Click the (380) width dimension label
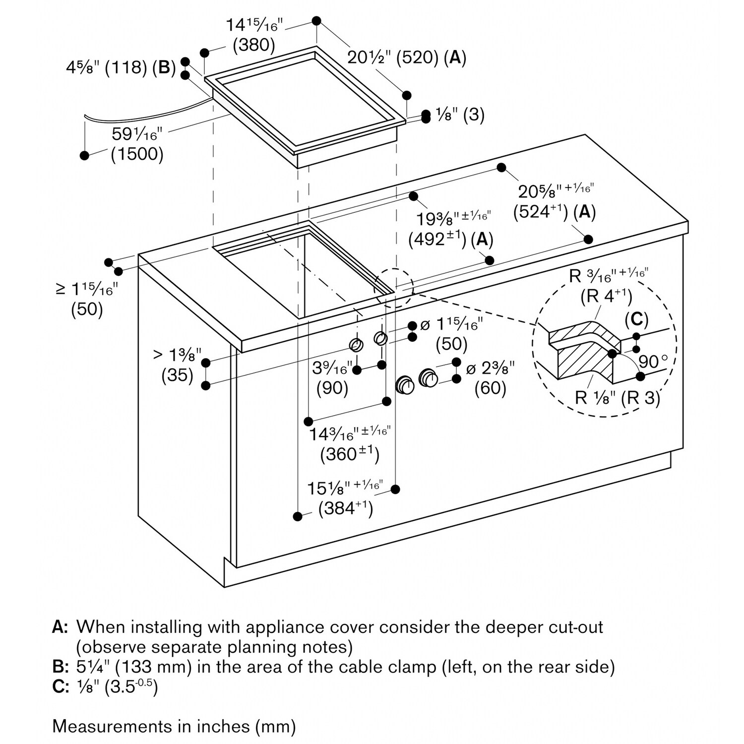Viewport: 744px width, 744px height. coord(254,45)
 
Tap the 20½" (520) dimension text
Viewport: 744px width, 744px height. coord(392,58)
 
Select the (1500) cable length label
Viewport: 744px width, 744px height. coord(137,154)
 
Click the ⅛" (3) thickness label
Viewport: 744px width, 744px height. coord(460,115)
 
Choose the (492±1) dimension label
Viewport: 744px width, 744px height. coord(437,240)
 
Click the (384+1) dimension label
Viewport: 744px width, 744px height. coord(345,508)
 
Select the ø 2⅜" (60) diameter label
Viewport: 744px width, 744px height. coord(491,378)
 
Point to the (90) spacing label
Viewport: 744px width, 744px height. coord(332,387)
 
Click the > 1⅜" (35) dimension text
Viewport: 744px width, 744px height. coord(177,365)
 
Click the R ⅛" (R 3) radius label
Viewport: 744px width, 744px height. coord(618,398)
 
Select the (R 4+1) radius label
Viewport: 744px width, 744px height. coord(607,297)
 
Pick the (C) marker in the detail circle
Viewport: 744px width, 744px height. coord(636,319)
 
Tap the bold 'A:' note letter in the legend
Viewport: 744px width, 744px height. coord(60,627)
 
